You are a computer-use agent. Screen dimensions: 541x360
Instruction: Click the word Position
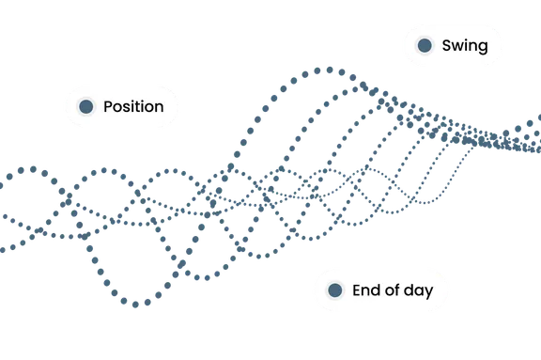[133, 106]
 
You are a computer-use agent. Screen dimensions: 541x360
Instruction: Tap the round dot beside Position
[85, 106]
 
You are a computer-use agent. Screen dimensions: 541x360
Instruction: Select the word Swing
[465, 46]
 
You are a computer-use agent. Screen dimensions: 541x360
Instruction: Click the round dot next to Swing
[425, 45]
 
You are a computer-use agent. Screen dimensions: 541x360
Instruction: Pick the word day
[418, 291]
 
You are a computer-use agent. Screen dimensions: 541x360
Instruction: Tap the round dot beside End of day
[334, 290]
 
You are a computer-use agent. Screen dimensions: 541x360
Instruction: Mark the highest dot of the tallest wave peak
[330, 70]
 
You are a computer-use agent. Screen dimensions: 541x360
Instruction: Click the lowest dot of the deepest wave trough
[135, 305]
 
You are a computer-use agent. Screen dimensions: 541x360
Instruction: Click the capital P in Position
[108, 106]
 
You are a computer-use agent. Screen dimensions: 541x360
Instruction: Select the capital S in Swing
[447, 45]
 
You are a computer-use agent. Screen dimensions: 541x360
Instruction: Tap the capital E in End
[357, 290]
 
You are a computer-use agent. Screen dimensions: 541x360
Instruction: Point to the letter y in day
[429, 293]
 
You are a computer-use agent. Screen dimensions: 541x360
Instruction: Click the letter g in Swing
[483, 48]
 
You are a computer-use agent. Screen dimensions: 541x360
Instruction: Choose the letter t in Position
[139, 107]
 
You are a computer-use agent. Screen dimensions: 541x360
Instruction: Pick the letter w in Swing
[459, 47]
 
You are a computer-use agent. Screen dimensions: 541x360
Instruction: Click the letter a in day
[419, 291]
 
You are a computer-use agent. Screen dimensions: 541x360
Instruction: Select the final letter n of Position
[159, 108]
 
